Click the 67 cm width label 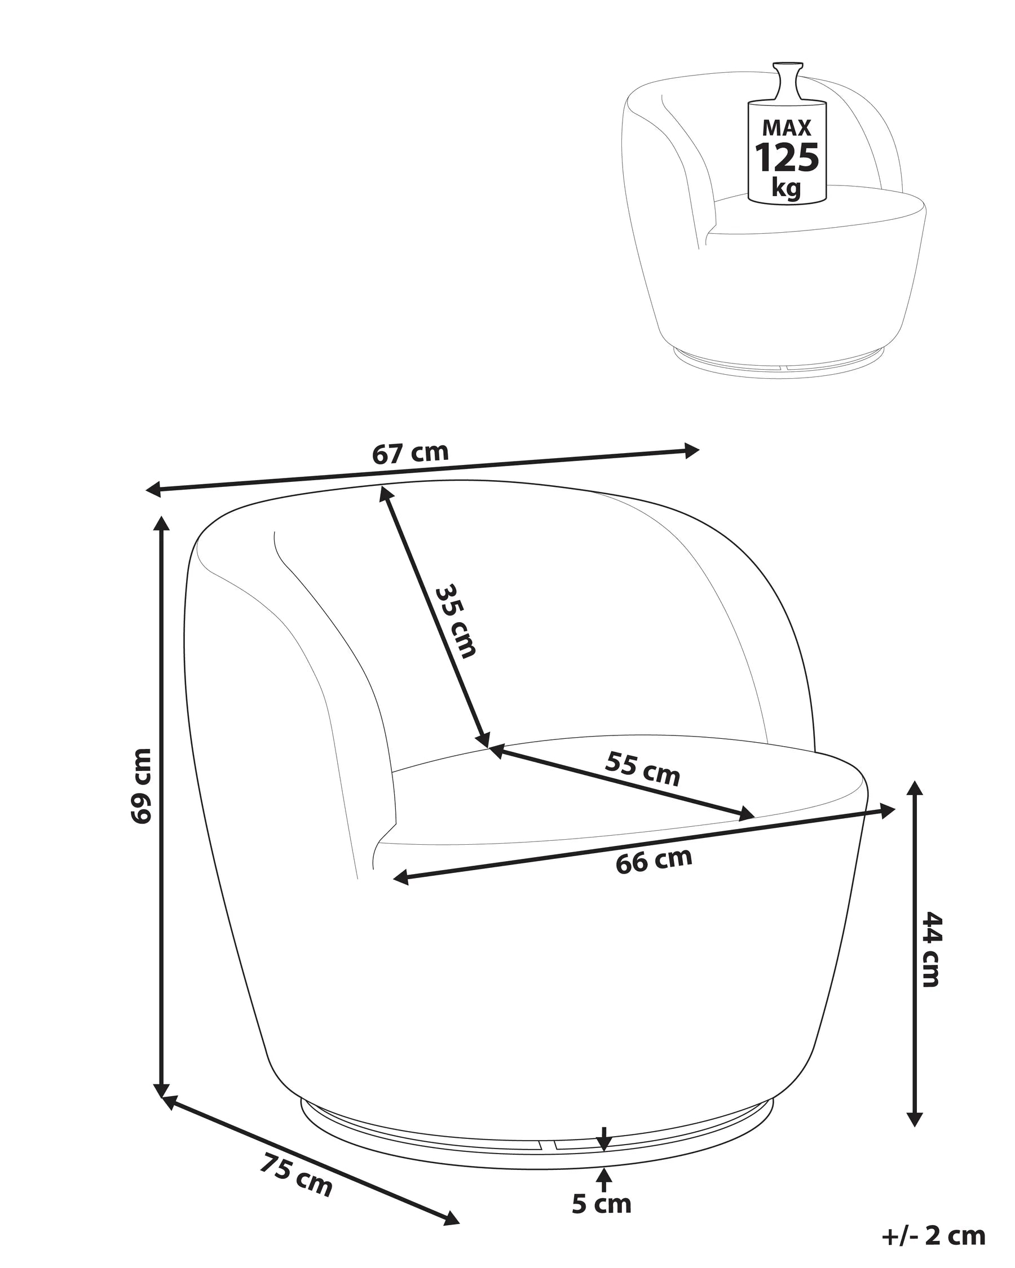[410, 453]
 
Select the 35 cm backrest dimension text [455, 620]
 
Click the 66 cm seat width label [654, 861]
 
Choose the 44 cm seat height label [931, 957]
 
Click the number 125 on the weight [787, 157]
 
